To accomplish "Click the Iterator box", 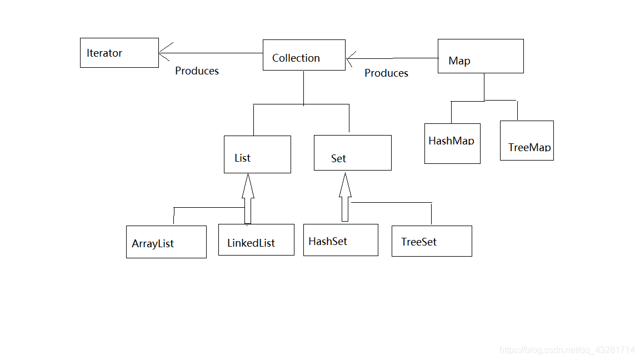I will [x=119, y=53].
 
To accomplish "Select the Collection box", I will [x=304, y=55].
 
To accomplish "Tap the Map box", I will [x=481, y=56].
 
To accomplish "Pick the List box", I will [x=257, y=154].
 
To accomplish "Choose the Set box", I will [x=352, y=153].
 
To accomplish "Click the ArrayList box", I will [x=166, y=242].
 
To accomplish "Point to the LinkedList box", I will [x=256, y=240].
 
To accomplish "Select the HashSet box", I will [x=341, y=240].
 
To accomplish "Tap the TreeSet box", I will [x=432, y=241].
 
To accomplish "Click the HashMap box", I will [x=452, y=144].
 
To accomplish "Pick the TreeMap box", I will [x=527, y=141].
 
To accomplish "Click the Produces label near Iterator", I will [x=197, y=71].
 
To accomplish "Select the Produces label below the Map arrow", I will [x=386, y=73].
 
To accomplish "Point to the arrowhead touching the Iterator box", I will [x=165, y=53].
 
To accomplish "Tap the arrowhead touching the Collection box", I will [x=352, y=58].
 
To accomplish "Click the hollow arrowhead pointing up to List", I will [x=248, y=186].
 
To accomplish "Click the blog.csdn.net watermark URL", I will [x=567, y=351].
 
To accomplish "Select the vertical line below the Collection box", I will [x=303, y=87].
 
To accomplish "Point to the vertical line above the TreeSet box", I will [x=431, y=214].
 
